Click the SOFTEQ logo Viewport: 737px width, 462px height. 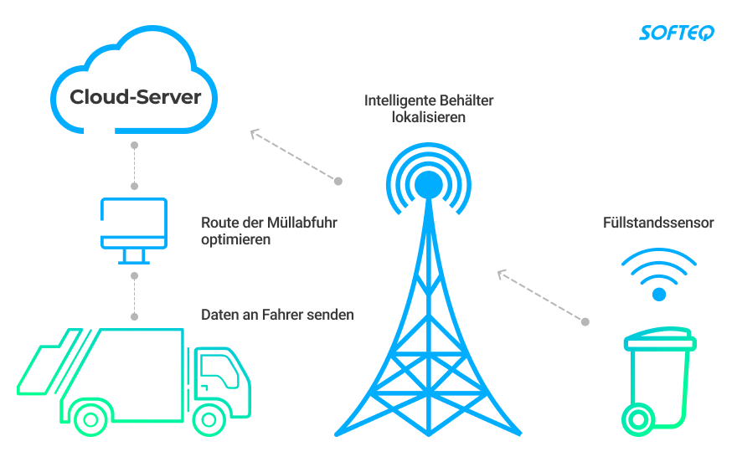pyautogui.click(x=677, y=33)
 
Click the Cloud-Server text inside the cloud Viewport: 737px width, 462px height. pyautogui.click(x=135, y=97)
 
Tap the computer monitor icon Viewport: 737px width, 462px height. pyautogui.click(x=134, y=223)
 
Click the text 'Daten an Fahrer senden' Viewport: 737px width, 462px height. pyautogui.click(x=277, y=315)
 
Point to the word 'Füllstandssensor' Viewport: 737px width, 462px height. pyautogui.click(x=657, y=223)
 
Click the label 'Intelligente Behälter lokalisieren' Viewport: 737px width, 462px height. pyautogui.click(x=429, y=109)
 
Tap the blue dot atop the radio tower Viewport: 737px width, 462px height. pyautogui.click(x=429, y=182)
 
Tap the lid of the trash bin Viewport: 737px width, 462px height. pyautogui.click(x=660, y=340)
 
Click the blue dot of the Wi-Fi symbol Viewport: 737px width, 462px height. pyautogui.click(x=659, y=294)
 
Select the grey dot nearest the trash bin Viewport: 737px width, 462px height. pyautogui.click(x=585, y=321)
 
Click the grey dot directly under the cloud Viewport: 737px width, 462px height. pyautogui.click(x=134, y=146)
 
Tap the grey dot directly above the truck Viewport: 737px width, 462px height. pyautogui.click(x=134, y=316)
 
